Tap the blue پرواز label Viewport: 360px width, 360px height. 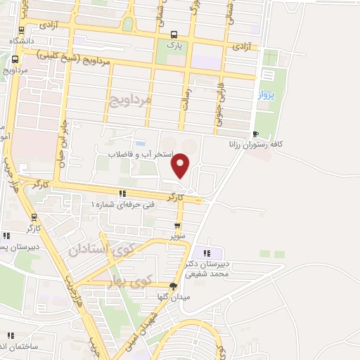click(x=264, y=94)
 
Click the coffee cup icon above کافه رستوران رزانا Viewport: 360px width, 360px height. click(x=257, y=134)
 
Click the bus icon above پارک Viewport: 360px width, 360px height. click(x=174, y=34)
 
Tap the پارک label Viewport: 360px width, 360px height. click(x=174, y=44)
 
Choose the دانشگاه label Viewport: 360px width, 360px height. click(x=21, y=41)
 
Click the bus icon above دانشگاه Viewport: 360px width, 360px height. click(x=21, y=30)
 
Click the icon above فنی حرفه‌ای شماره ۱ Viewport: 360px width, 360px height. click(x=122, y=193)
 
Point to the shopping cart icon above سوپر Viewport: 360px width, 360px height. click(x=177, y=226)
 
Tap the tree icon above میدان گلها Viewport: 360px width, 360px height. click(x=173, y=285)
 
